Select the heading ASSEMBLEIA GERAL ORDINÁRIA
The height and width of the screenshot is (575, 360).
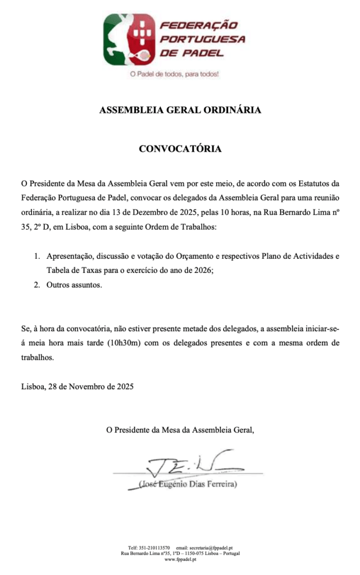[180, 110]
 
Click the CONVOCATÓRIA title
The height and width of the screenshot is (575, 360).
[180, 149]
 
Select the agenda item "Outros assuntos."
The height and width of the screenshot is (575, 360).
[75, 285]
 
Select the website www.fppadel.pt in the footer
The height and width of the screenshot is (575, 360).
[180, 559]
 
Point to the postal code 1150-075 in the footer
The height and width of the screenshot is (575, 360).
[198, 554]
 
